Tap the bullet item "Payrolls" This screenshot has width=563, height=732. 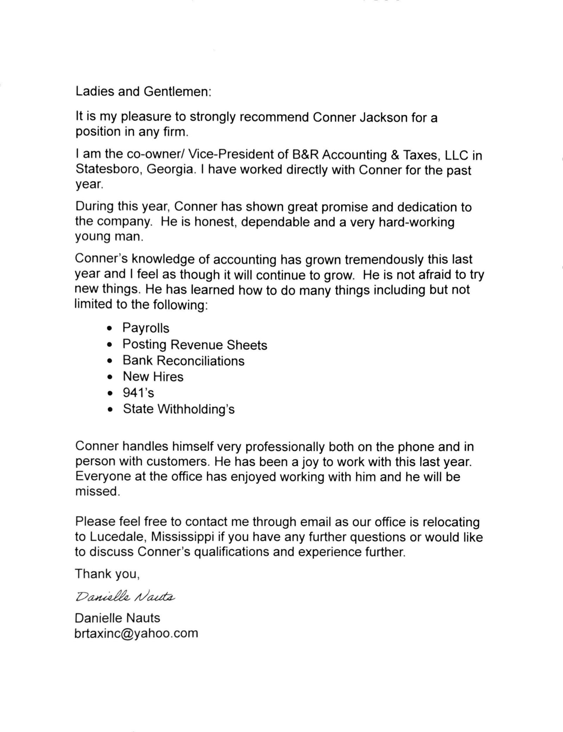[x=146, y=328]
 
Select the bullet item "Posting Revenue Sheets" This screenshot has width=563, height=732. [x=195, y=345]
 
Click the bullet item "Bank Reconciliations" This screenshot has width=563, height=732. [x=183, y=361]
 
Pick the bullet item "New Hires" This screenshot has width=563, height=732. [x=153, y=377]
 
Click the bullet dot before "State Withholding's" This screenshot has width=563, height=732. [x=110, y=410]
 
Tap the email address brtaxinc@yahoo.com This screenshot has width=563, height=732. [x=137, y=633]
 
